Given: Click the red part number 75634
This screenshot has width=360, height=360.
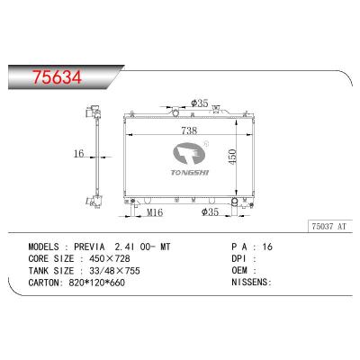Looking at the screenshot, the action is pyautogui.click(x=57, y=77).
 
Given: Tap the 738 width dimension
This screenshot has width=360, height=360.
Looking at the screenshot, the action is pyautogui.click(x=189, y=130).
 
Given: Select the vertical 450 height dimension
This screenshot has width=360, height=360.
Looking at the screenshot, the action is pyautogui.click(x=232, y=157).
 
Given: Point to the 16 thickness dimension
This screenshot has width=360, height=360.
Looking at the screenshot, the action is pyautogui.click(x=78, y=154).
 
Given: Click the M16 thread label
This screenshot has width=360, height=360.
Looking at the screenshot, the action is pyautogui.click(x=155, y=212).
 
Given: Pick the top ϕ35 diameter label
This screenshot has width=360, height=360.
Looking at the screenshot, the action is pyautogui.click(x=200, y=103).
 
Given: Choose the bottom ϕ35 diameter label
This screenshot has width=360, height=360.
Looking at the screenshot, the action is pyautogui.click(x=210, y=212).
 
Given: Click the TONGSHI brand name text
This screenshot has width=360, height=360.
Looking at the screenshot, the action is pyautogui.click(x=190, y=173).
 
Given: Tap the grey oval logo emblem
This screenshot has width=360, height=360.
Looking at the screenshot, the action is pyautogui.click(x=189, y=154).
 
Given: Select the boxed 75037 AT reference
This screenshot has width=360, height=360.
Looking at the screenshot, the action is pyautogui.click(x=329, y=227).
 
